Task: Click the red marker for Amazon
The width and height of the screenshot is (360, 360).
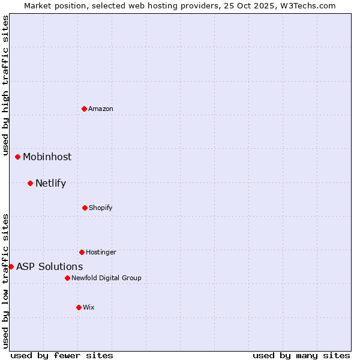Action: tap(85, 109)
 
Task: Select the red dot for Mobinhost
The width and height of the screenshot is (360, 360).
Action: tap(18, 157)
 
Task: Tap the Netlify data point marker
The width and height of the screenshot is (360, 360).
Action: tap(30, 183)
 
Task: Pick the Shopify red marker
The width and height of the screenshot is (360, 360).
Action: tap(85, 208)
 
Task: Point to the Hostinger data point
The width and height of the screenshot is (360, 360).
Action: tap(82, 252)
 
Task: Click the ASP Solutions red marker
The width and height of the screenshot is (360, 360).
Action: tap(11, 266)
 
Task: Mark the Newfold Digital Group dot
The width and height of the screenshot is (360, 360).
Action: tap(67, 278)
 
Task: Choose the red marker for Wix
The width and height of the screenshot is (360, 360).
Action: tap(79, 307)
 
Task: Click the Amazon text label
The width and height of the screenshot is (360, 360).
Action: tap(101, 109)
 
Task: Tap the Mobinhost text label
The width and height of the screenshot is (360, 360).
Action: tap(47, 157)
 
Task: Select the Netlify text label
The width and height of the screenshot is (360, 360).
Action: tap(50, 183)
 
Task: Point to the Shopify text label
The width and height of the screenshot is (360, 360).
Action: tap(101, 208)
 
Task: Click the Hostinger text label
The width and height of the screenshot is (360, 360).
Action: tap(101, 252)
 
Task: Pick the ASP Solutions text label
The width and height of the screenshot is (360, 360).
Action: tap(49, 266)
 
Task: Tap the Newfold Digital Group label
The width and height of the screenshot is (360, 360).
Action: tap(106, 278)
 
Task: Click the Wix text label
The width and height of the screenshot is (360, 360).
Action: tap(89, 307)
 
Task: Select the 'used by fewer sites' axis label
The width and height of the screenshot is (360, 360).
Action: tap(62, 355)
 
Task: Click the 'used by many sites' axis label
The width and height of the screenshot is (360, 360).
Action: tap(301, 355)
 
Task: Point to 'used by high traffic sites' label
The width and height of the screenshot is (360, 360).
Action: tap(5, 86)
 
